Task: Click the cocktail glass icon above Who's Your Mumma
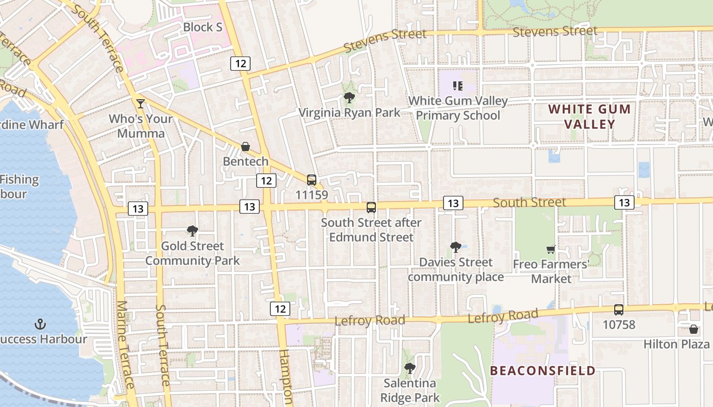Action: [141, 104]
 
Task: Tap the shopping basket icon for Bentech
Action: [245, 147]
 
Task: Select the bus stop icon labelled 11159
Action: [312, 180]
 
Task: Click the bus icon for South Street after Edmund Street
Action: [371, 208]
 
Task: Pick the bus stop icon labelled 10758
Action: [619, 310]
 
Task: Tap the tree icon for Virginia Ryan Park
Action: [349, 98]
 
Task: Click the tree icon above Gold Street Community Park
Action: [192, 231]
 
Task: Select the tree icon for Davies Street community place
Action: [455, 247]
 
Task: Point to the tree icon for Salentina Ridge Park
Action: [409, 368]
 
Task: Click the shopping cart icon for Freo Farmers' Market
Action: [551, 249]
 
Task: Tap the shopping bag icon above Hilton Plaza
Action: [693, 329]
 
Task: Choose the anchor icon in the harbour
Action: [40, 324]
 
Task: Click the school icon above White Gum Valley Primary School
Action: [458, 86]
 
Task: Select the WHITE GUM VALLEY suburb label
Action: [590, 117]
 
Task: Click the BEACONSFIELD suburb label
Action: [543, 370]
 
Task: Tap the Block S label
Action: [203, 27]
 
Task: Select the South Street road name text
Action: [529, 202]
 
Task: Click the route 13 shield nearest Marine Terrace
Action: [138, 208]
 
